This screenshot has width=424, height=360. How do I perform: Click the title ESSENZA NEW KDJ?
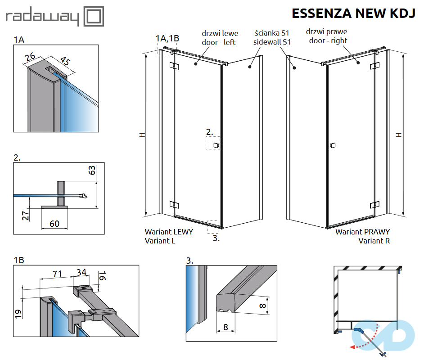353,13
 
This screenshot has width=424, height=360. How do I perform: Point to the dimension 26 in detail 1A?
31,57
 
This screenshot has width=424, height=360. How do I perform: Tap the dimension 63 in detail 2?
91,171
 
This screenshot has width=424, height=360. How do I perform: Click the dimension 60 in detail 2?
54,223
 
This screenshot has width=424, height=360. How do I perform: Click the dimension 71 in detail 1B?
57,273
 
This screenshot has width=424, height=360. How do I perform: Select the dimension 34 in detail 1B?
81,272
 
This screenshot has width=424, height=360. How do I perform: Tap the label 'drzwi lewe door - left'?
220,38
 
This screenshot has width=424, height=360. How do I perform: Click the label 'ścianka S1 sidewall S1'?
272,37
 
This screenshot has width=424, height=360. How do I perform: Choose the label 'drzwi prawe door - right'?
326,36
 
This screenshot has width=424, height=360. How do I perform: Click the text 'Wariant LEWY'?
169,232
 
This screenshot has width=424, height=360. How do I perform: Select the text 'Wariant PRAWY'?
362,232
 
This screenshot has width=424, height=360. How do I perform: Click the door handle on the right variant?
333,145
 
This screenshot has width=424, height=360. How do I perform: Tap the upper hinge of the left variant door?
174,66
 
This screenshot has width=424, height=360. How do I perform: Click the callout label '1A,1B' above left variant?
167,38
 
